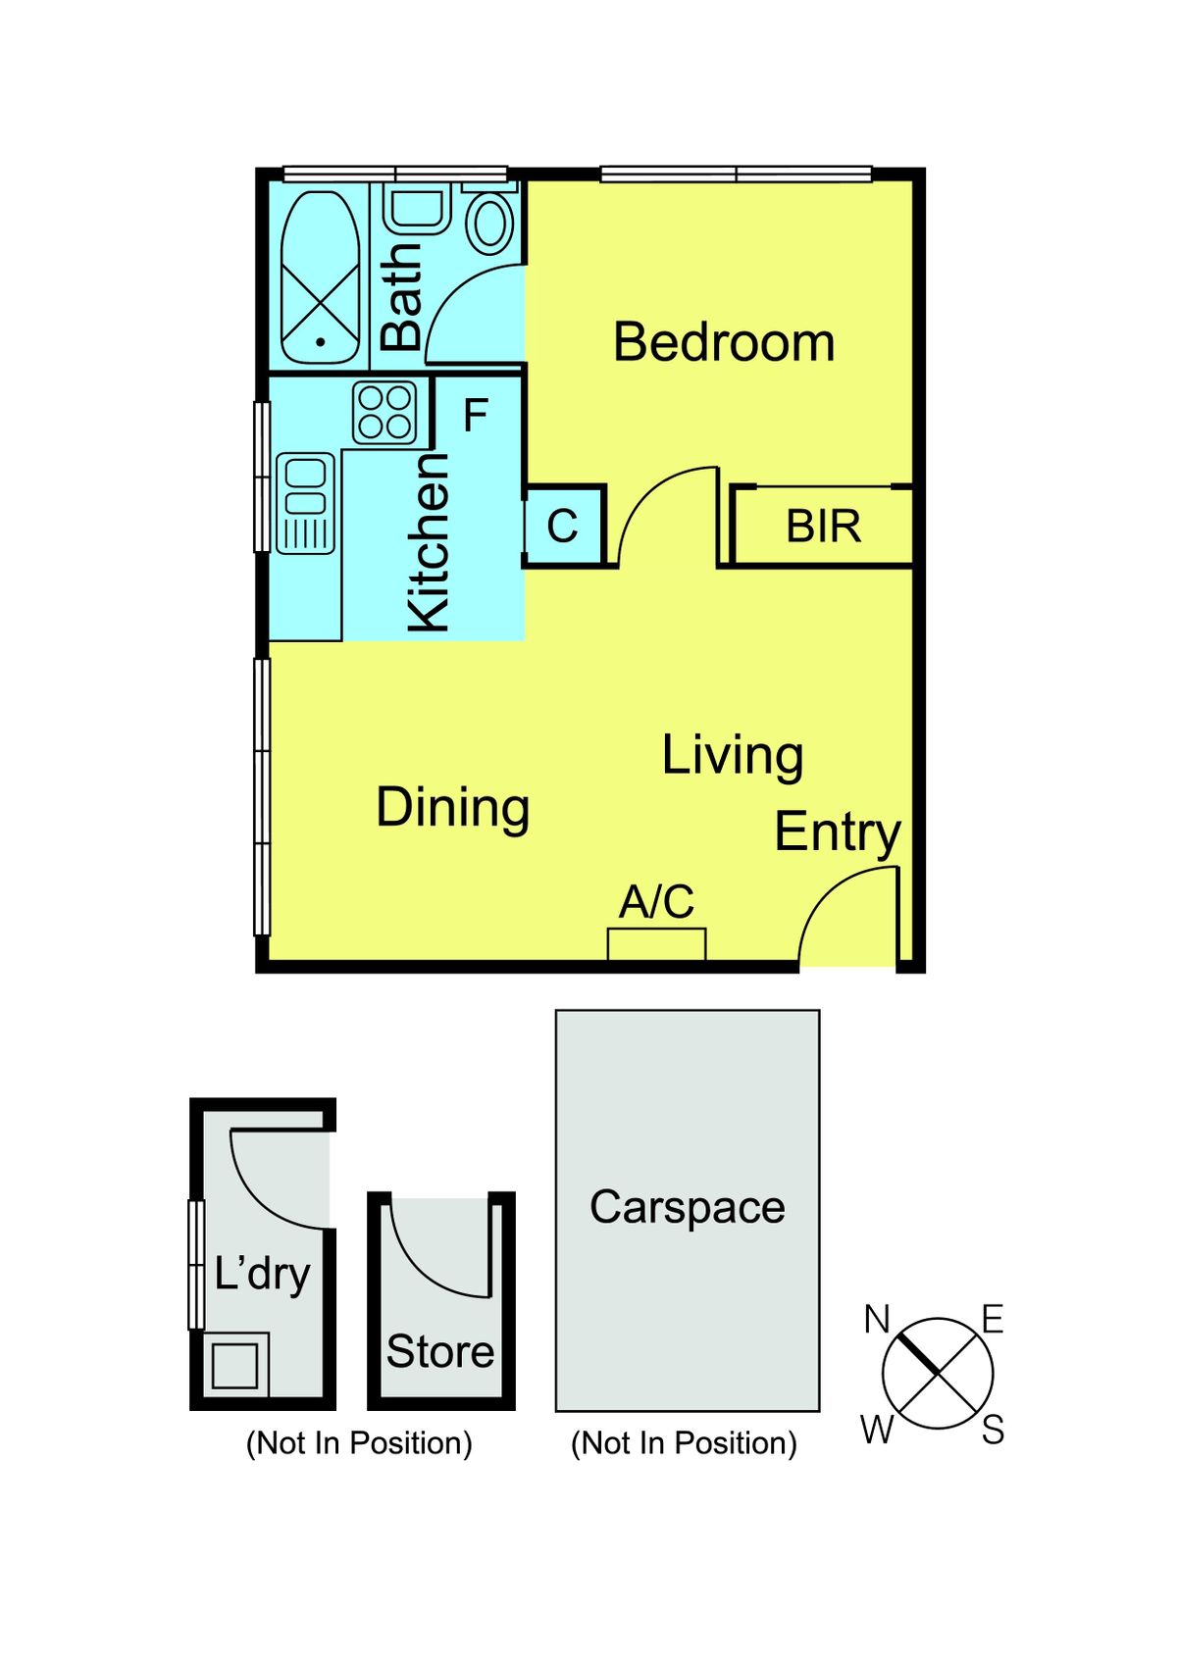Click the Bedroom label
(x=724, y=342)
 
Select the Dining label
(x=453, y=810)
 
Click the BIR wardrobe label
(x=823, y=527)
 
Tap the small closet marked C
(x=563, y=526)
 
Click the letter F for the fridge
(x=475, y=415)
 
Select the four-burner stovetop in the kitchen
(x=384, y=412)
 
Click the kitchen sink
(x=305, y=504)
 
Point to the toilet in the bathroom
(x=489, y=220)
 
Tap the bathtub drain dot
(x=320, y=342)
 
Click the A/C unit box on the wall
(x=657, y=944)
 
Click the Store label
(x=440, y=1351)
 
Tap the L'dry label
(x=262, y=1275)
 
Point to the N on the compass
(x=877, y=1320)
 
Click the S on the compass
(x=993, y=1430)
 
